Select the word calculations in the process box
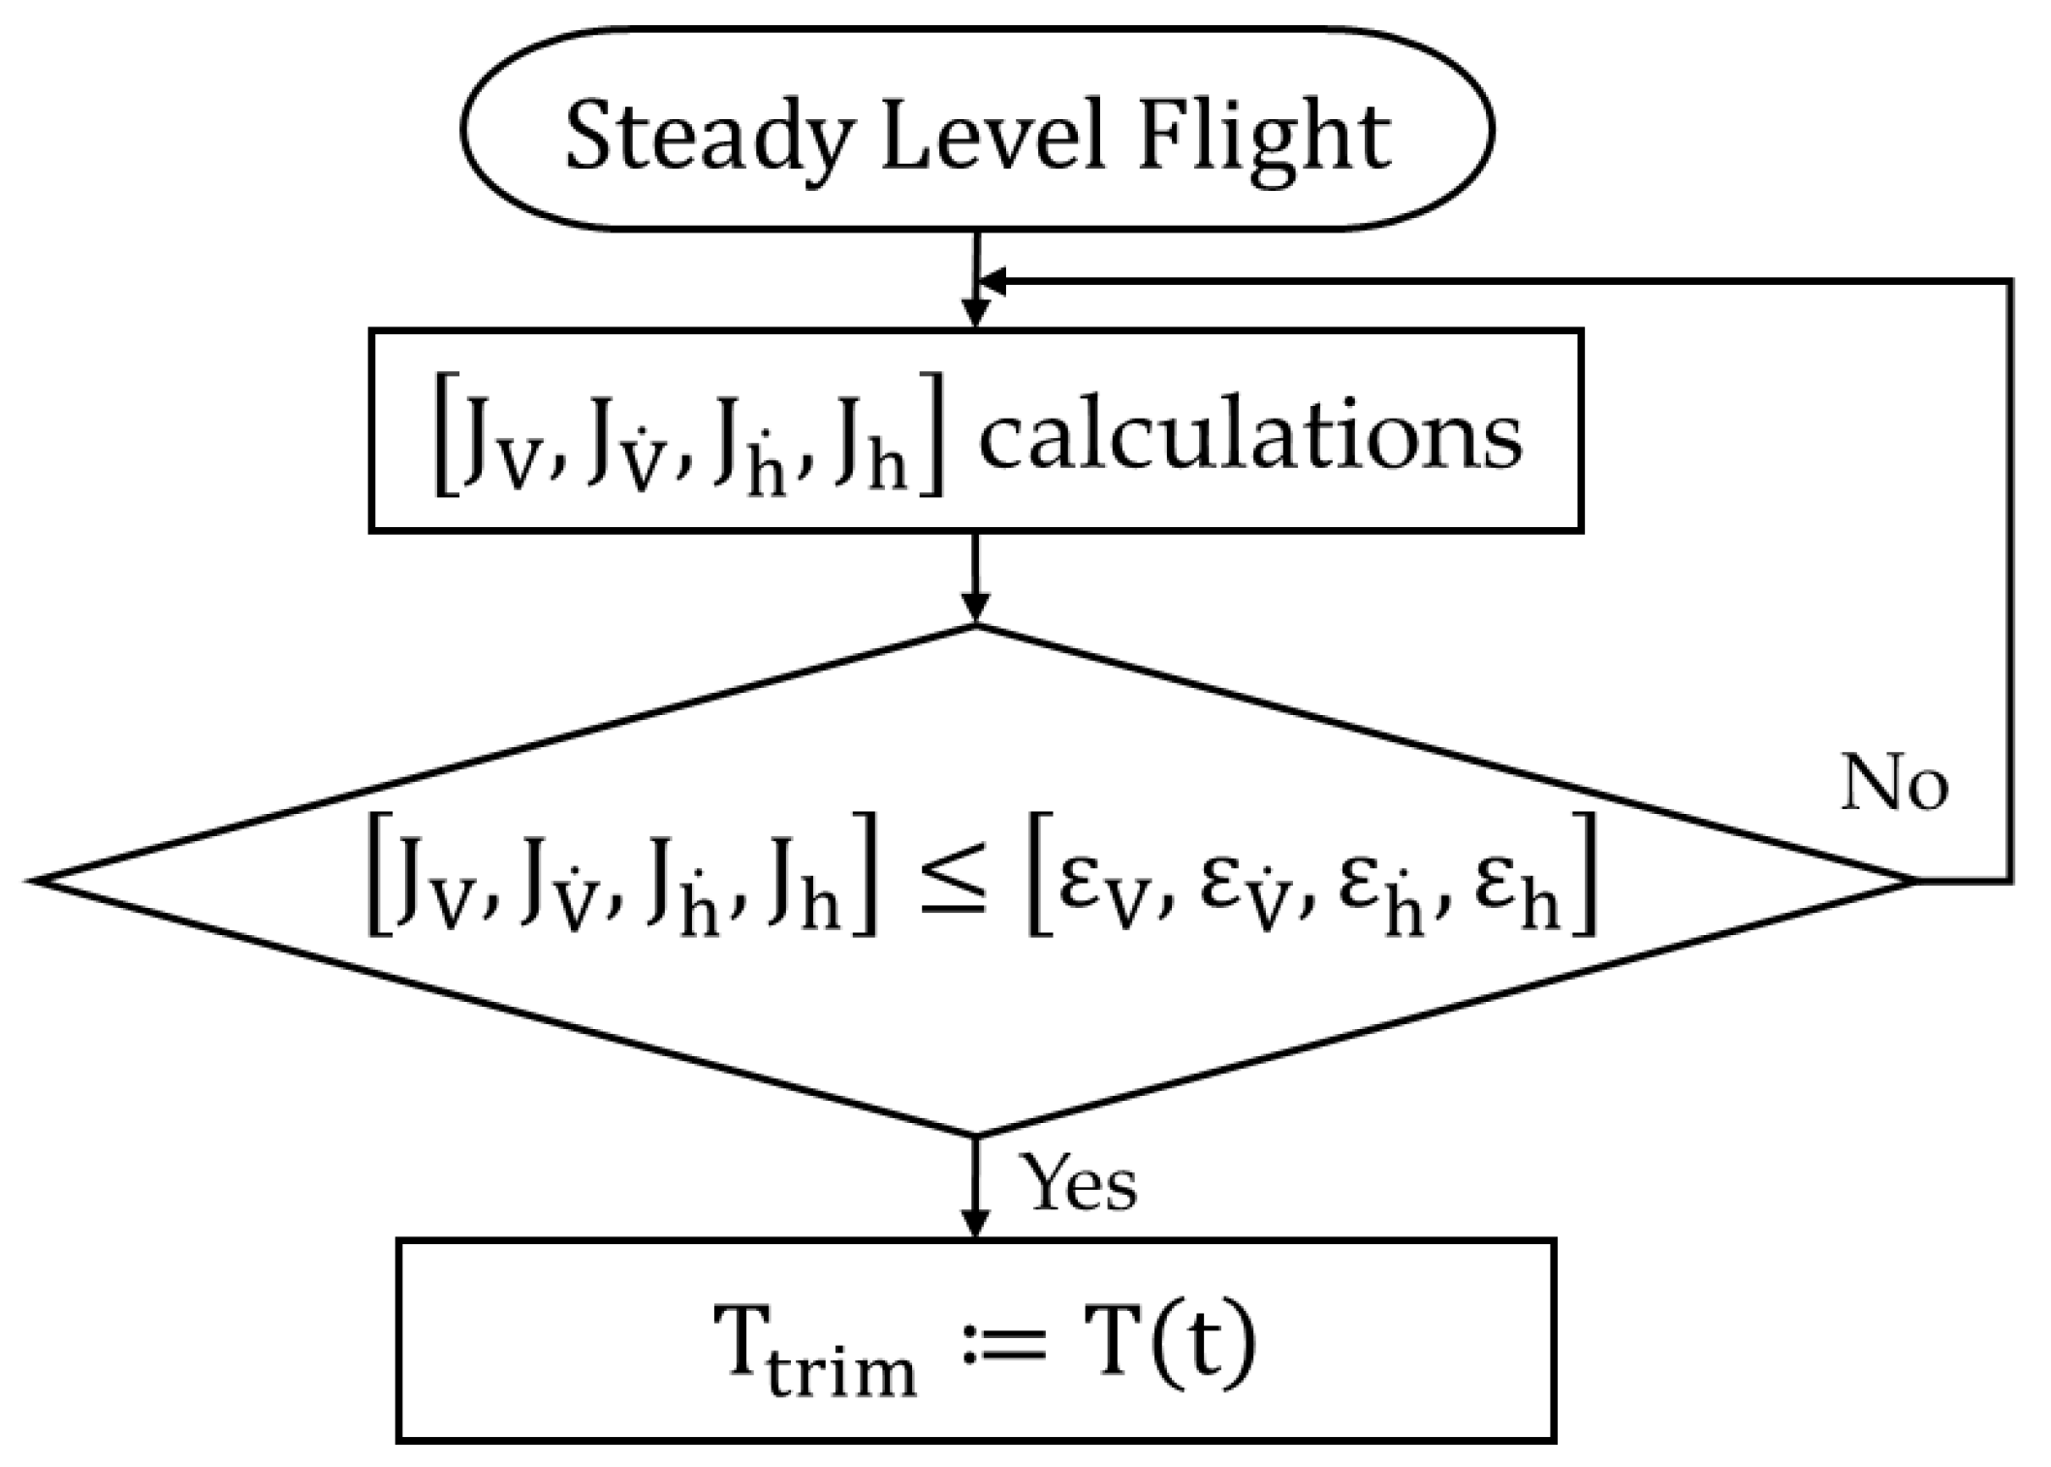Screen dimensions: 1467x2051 (1250, 437)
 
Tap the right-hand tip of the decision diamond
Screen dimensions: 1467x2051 (1913, 881)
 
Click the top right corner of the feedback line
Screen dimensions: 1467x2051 (2011, 282)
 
